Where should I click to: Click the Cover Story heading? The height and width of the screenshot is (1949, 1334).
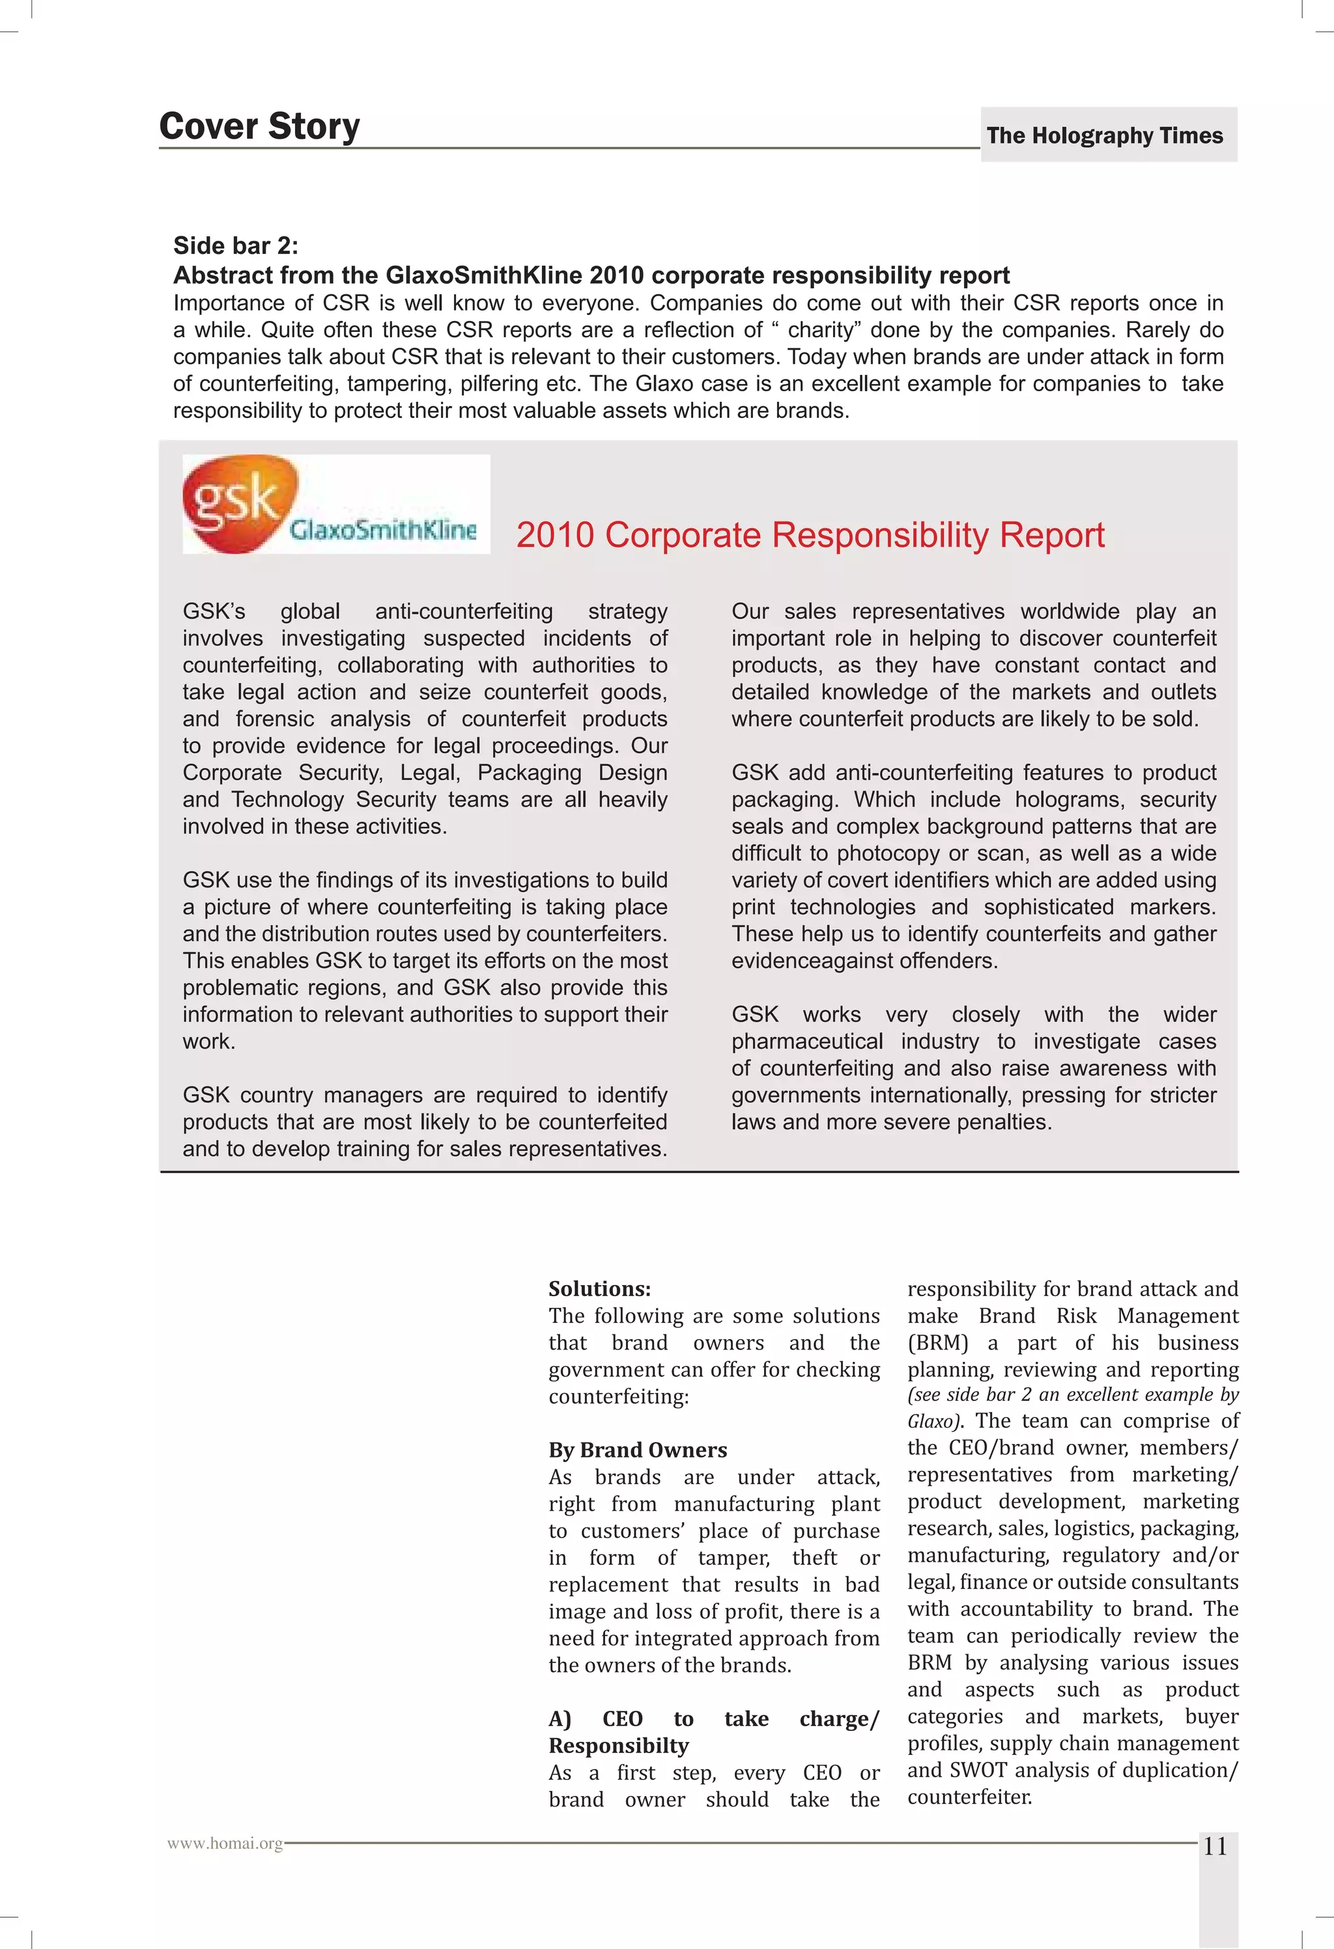coord(259,127)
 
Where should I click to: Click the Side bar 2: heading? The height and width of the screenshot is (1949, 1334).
coord(236,245)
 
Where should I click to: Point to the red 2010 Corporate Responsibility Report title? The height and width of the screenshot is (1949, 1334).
coord(810,535)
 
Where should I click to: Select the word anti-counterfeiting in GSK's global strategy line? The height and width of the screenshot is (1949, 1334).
coord(464,611)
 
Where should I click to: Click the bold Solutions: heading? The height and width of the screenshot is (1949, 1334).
coord(599,1289)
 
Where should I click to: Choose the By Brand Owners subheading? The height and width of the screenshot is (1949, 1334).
coord(637,1450)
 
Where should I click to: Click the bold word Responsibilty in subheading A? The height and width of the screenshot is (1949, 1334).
coord(618,1745)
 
